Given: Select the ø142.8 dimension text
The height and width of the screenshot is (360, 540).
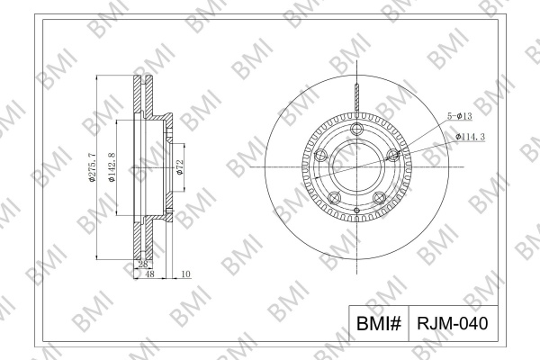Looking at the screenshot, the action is coord(112,167).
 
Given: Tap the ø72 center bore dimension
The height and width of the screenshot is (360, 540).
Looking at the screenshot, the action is coord(180,167).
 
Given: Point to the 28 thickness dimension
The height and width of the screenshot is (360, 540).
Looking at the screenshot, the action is coord(143,265).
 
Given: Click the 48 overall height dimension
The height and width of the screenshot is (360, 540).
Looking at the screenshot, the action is coord(149,274).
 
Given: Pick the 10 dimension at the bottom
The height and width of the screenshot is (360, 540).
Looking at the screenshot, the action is coord(185,274).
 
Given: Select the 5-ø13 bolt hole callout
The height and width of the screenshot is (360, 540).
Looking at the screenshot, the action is coord(459,116).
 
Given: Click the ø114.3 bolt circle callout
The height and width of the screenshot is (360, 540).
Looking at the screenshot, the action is coord(470,137).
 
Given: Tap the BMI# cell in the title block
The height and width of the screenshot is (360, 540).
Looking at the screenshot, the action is coord(379,323).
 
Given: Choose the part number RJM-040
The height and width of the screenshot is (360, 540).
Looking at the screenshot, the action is coord(453,323).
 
